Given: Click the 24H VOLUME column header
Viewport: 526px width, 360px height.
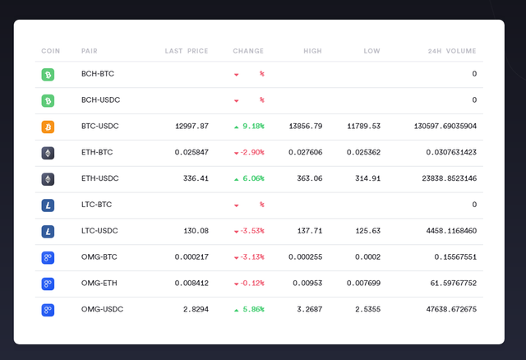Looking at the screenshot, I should [x=453, y=51].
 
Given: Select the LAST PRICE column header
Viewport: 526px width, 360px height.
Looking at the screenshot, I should [x=187, y=51].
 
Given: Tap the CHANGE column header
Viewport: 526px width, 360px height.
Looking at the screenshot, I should [x=248, y=51].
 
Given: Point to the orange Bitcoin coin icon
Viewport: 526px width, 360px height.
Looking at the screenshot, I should [x=48, y=127].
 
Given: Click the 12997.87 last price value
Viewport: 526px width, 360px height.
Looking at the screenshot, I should [x=191, y=127].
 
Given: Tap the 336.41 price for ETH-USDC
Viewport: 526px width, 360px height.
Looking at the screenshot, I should [x=195, y=178].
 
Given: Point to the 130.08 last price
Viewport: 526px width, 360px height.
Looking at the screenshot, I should [x=195, y=231].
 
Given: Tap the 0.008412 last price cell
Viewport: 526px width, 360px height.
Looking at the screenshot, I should [x=191, y=284].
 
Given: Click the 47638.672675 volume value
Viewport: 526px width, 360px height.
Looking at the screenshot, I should [x=446, y=310].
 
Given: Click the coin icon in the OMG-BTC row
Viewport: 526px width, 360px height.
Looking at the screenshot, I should [x=48, y=257].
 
